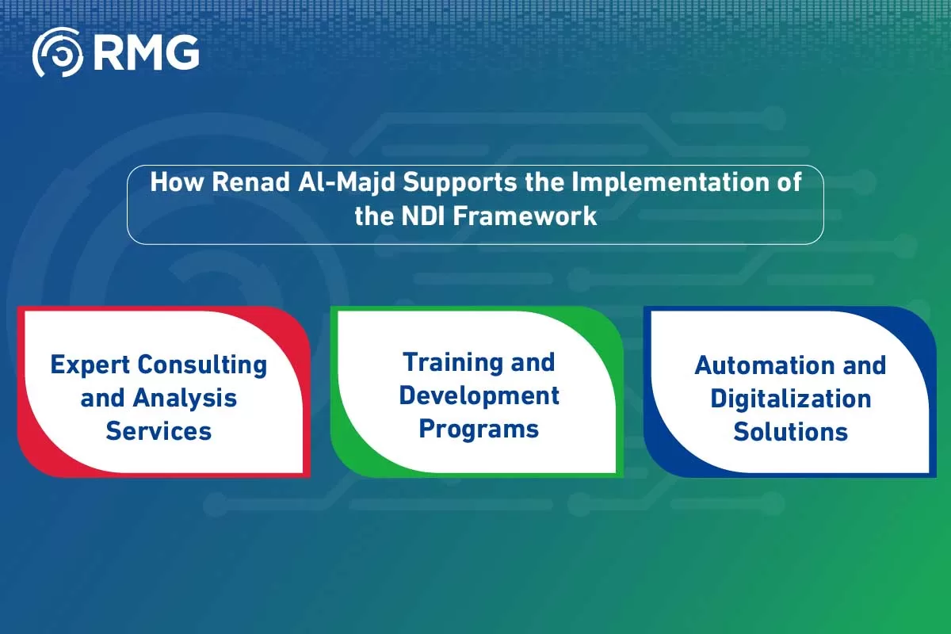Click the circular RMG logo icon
point(57,52)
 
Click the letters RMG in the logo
point(146,52)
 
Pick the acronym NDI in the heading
point(421,216)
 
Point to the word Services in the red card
point(158,431)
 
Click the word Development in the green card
point(479,395)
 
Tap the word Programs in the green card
point(479,429)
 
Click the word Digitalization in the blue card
point(790,399)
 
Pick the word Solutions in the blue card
point(790,432)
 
